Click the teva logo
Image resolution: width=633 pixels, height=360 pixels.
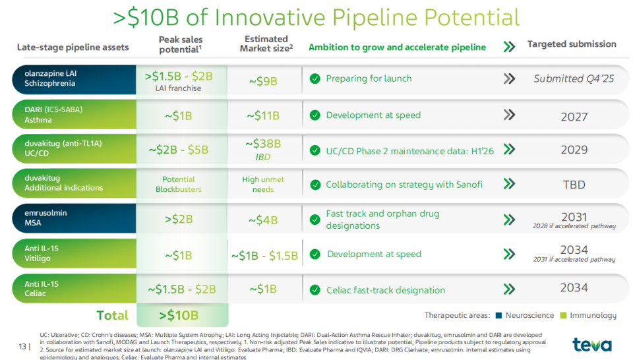591,344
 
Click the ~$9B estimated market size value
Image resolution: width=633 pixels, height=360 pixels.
264,80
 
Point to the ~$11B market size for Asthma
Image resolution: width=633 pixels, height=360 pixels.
263,116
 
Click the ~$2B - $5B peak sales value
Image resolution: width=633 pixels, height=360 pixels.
178,150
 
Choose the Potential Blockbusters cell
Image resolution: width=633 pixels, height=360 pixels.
178,184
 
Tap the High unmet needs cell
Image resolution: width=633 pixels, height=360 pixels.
263,184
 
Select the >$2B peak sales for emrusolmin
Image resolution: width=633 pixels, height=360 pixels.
178,220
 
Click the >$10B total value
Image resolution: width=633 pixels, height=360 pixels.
179,315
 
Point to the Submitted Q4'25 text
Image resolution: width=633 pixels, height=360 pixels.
574,79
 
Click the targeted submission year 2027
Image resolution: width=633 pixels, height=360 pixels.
574,117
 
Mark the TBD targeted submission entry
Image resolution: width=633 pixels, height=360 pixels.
574,185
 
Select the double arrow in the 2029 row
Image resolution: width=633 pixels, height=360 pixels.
509,150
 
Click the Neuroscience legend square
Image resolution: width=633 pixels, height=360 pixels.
498,315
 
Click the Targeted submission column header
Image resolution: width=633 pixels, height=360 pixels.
572,44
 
